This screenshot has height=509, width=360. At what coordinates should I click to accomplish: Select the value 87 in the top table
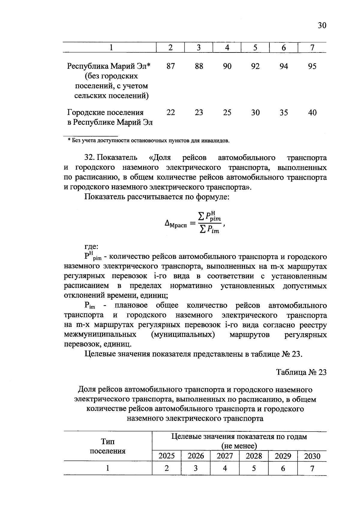tap(170, 66)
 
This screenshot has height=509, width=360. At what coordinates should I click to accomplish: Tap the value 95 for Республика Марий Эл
tap(312, 66)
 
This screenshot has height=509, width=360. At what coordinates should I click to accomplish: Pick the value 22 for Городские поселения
tap(170, 112)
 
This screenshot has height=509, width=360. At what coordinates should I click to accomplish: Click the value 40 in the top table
tap(312, 112)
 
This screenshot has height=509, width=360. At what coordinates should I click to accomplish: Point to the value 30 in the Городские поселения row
tap(255, 112)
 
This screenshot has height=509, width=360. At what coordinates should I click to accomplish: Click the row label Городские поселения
tap(105, 112)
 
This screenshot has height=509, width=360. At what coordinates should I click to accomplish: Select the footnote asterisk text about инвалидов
tap(149, 140)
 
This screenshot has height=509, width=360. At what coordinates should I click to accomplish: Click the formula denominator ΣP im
tap(209, 230)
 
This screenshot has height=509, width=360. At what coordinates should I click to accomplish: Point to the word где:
tap(91, 247)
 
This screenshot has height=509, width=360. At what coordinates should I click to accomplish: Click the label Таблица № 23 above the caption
tap(301, 372)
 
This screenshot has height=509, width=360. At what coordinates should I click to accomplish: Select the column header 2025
tap(166, 456)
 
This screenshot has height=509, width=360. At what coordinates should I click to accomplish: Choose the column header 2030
tap(312, 456)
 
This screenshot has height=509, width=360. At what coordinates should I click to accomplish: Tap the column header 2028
tap(254, 456)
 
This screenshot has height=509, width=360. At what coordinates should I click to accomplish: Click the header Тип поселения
tap(108, 446)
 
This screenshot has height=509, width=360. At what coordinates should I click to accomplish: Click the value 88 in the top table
tap(199, 66)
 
